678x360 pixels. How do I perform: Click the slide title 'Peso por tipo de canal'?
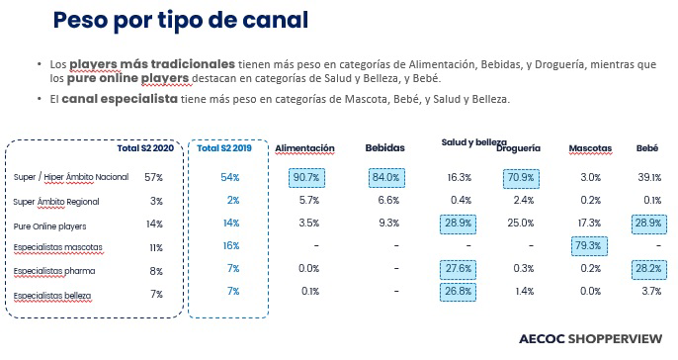pyautogui.click(x=181, y=21)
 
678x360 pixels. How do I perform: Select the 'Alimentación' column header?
pyautogui.click(x=304, y=148)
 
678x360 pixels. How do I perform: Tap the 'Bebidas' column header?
pyautogui.click(x=384, y=148)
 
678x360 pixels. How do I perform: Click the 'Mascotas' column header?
pyautogui.click(x=590, y=148)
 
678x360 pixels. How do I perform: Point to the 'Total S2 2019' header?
pyautogui.click(x=224, y=148)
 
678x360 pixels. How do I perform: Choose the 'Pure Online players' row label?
pyautogui.click(x=49, y=226)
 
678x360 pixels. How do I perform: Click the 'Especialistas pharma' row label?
pyautogui.click(x=54, y=271)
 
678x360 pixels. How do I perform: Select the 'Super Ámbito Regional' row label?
pyautogui.click(x=56, y=202)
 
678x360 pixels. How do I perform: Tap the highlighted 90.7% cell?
pyautogui.click(x=306, y=178)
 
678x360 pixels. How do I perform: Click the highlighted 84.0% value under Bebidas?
pyautogui.click(x=386, y=178)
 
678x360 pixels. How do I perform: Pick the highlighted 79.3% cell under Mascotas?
pyautogui.click(x=589, y=245)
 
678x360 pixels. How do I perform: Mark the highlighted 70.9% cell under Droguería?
pyautogui.click(x=521, y=178)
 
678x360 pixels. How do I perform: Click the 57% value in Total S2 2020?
pyautogui.click(x=153, y=177)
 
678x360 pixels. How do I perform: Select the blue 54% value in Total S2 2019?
pyautogui.click(x=230, y=177)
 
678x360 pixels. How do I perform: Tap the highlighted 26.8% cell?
pyautogui.click(x=458, y=291)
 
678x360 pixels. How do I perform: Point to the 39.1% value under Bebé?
pyautogui.click(x=649, y=177)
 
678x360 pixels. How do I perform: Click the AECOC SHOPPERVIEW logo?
pyautogui.click(x=590, y=339)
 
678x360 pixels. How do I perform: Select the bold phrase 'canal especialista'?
pyautogui.click(x=120, y=99)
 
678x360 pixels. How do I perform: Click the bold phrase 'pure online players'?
pyautogui.click(x=127, y=79)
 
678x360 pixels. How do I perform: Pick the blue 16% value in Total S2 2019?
pyautogui.click(x=231, y=245)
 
